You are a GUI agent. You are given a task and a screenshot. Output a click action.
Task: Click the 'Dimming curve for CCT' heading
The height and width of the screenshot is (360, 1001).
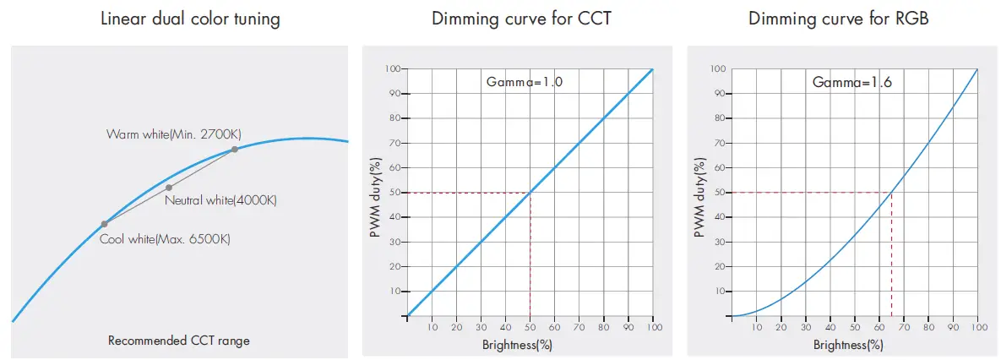coord(520,19)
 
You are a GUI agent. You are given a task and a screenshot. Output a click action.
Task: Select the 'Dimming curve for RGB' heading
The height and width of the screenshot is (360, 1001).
coord(839,19)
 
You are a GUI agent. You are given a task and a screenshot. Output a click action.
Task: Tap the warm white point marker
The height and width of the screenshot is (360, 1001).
coord(234,150)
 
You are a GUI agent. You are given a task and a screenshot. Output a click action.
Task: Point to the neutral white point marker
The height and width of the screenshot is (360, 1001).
coord(169,187)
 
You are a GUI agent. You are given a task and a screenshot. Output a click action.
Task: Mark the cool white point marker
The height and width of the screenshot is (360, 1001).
coord(104,224)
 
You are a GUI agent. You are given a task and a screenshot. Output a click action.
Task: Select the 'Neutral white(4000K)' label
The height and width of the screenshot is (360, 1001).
coord(221,200)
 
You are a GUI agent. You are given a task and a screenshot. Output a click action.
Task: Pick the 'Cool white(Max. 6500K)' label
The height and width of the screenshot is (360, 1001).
coord(165,239)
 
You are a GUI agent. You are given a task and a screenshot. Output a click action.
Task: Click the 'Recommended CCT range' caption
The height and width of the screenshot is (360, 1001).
coord(179,341)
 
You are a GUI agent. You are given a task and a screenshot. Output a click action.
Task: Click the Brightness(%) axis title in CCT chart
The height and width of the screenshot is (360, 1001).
coord(517,345)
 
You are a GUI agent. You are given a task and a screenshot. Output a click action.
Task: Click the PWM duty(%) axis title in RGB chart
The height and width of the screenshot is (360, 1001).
coord(699,194)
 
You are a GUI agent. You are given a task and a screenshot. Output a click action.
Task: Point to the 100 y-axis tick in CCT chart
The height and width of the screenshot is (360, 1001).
coord(393,69)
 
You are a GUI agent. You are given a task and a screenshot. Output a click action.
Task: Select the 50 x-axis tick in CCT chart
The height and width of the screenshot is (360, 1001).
coord(530,328)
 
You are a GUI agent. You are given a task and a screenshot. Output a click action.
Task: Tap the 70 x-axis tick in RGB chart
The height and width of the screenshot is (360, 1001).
coord(904,328)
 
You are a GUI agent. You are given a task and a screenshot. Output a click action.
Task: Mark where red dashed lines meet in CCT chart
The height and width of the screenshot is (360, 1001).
coord(530,193)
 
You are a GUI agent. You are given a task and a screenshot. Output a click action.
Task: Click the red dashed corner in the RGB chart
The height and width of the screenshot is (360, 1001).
coord(891,193)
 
